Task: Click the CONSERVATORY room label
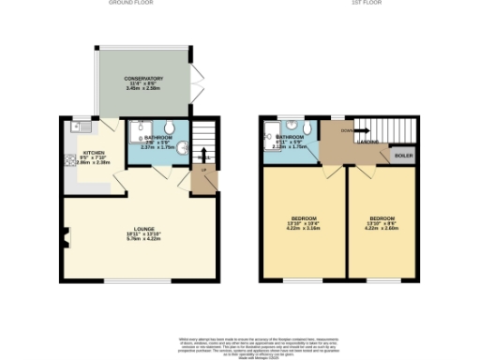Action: pos(144,79)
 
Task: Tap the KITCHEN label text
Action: pos(93,152)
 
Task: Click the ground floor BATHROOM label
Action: pos(157,137)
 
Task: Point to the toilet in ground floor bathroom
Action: pos(170,129)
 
